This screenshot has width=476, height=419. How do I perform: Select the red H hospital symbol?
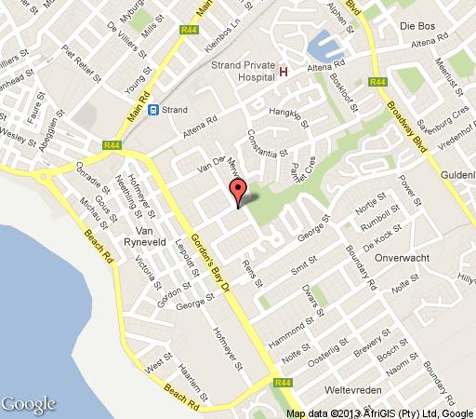pos(284,72)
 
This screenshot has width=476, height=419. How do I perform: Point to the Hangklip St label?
pos(286,114)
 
